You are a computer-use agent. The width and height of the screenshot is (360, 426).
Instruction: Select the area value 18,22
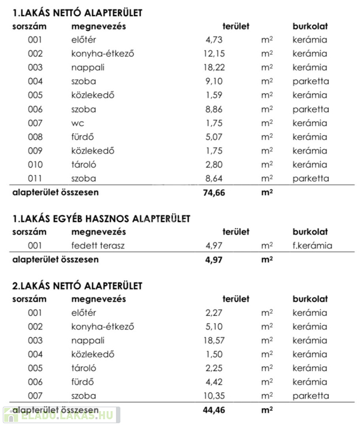click(x=214, y=68)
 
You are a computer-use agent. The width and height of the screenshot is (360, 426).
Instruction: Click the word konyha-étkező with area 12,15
click(x=103, y=54)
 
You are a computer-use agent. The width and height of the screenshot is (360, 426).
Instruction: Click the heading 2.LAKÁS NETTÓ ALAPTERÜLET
click(x=77, y=286)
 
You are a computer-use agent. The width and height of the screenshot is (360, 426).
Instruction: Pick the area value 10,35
click(x=214, y=396)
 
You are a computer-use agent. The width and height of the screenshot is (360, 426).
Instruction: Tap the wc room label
click(x=78, y=123)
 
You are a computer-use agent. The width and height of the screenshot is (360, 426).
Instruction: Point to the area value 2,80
click(x=214, y=165)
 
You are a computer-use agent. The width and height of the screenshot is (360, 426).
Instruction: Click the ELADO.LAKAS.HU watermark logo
click(x=61, y=414)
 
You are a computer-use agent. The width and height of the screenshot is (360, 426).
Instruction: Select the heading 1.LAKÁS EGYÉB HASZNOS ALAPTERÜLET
click(x=101, y=219)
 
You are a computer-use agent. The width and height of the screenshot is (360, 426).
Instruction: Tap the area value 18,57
click(x=214, y=341)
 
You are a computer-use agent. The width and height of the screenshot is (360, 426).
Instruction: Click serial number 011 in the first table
click(x=35, y=179)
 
